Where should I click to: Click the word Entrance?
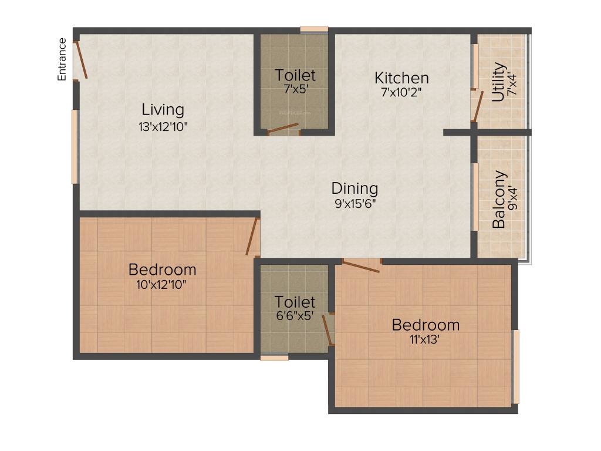click(x=62, y=59)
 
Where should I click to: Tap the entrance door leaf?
click(x=82, y=60)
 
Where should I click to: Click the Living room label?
click(x=163, y=109)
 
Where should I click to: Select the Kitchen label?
click(x=401, y=78)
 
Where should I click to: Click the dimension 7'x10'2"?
click(x=401, y=92)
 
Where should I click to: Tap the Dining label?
click(x=354, y=189)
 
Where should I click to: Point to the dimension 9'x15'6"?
click(x=354, y=204)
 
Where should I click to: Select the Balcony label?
click(x=499, y=199)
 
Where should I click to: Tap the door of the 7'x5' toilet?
click(x=283, y=129)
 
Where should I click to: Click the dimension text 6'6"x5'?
click(x=295, y=315)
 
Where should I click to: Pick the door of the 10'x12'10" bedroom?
click(x=253, y=237)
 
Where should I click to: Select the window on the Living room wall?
click(x=75, y=146)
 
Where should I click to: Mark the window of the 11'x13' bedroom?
click(x=516, y=366)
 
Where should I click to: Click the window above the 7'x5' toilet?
click(x=314, y=28)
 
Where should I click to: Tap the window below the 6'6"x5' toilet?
click(x=274, y=356)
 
